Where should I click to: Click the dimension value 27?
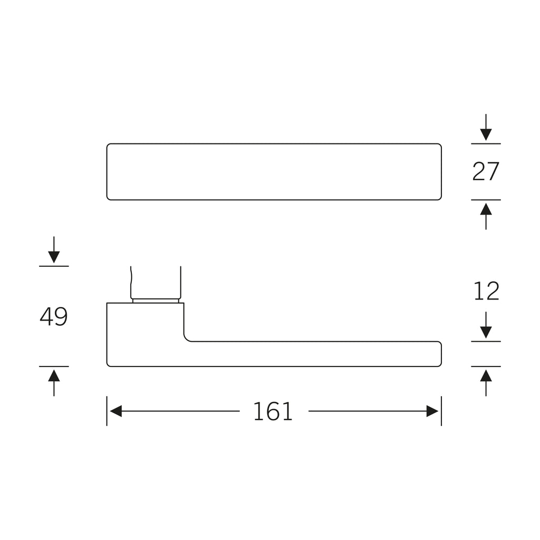486,171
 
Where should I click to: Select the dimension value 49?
54,316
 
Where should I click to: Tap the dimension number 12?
486,291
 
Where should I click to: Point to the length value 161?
273,411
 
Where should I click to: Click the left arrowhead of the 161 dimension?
115,411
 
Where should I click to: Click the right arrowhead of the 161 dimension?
432,411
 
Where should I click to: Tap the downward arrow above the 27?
486,128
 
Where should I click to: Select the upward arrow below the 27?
486,216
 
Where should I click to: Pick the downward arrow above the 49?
54,249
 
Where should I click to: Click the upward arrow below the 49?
54,383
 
